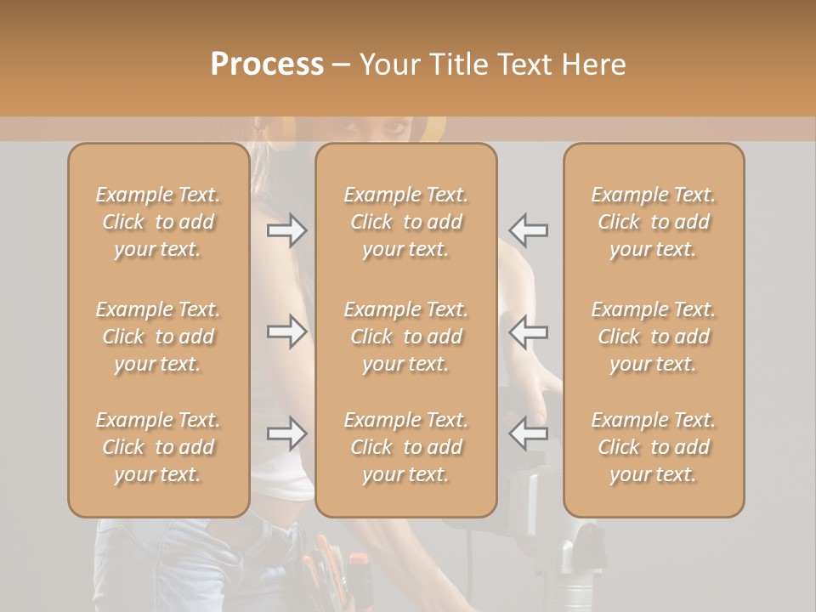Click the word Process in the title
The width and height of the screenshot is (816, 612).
267,65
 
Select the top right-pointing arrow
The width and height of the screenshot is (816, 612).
286,230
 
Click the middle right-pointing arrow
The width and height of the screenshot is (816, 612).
286,331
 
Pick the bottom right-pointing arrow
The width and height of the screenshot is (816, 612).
286,433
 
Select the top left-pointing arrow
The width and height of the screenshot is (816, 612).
529,230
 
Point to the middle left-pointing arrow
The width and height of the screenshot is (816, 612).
529,331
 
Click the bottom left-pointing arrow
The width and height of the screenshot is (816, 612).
529,433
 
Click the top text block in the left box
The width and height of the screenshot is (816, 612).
158,222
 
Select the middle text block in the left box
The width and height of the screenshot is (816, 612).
158,337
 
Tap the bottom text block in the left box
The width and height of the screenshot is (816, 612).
158,447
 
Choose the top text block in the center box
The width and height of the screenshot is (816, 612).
406,222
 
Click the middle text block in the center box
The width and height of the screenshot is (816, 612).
406,337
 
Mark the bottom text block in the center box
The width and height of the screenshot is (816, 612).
406,447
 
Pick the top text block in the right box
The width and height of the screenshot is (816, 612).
654,222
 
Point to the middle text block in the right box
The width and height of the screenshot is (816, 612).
654,337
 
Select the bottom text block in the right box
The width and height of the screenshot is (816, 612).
654,447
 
